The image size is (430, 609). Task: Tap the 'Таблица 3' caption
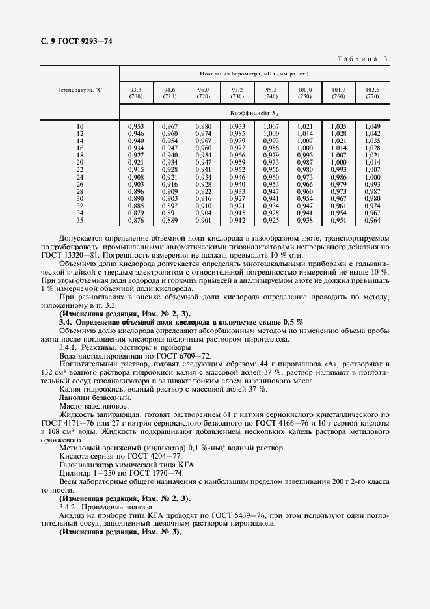tap(362, 59)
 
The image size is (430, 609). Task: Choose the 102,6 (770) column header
tap(372, 92)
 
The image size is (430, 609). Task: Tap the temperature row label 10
tap(80, 126)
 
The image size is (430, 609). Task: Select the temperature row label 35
tap(80, 220)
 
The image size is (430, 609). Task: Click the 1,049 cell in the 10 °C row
tap(372, 126)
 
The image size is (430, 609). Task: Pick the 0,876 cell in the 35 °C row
tap(135, 220)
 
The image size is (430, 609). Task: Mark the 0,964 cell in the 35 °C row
tap(372, 220)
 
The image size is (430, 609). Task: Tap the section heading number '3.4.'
tap(66, 322)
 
